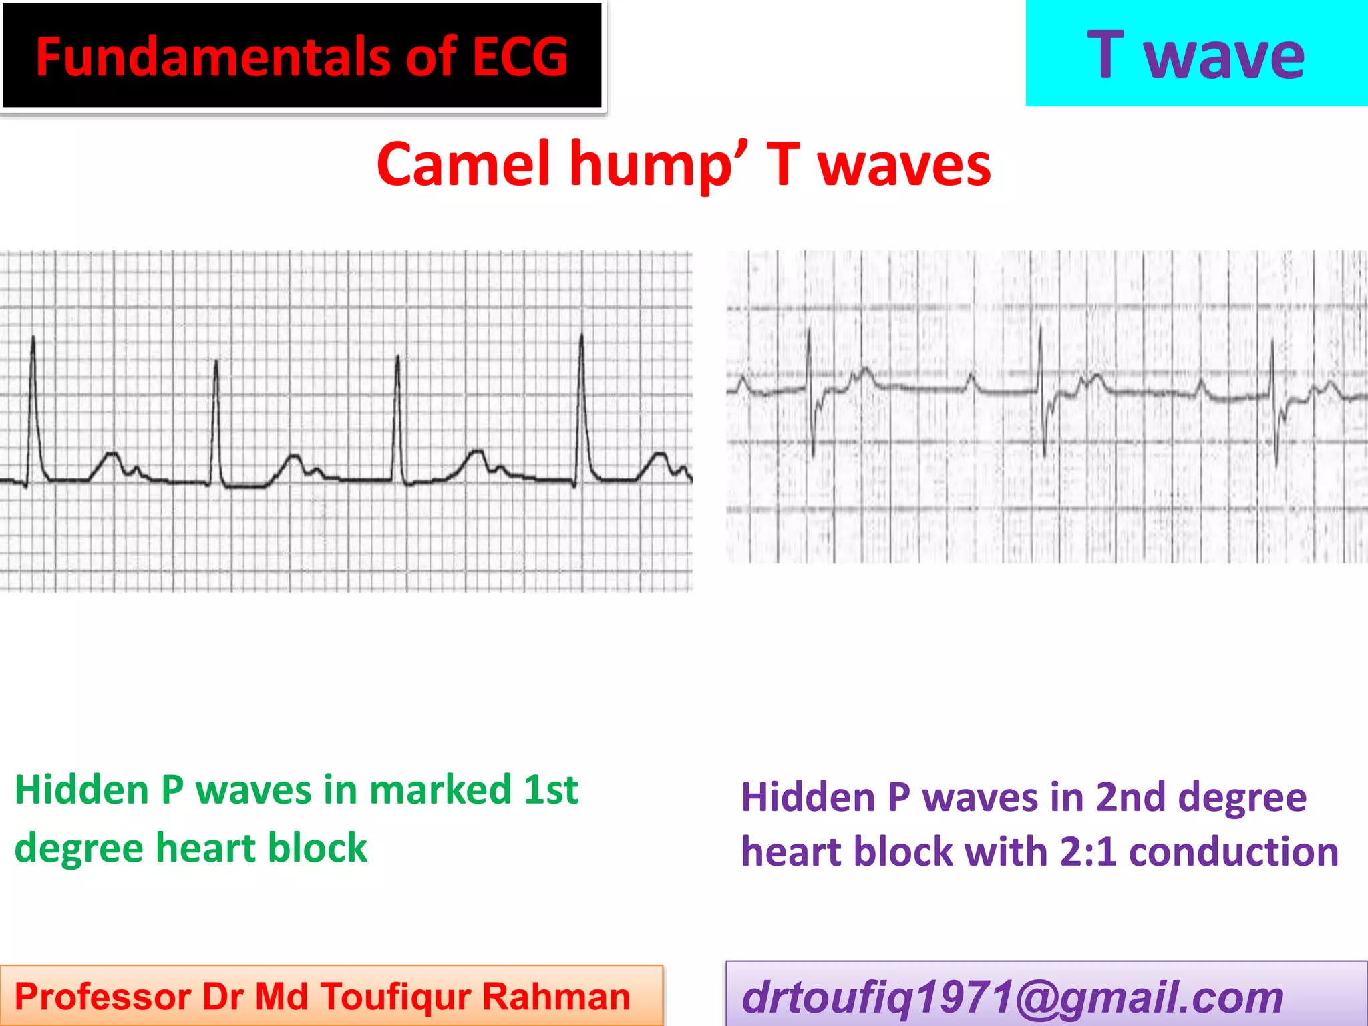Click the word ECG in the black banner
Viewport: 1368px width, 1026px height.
pyautogui.click(x=520, y=57)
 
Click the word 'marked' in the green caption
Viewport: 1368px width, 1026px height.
pyautogui.click(x=440, y=790)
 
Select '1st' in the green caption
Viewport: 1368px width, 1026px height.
pyautogui.click(x=550, y=790)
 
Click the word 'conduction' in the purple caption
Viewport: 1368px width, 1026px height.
pyautogui.click(x=1234, y=852)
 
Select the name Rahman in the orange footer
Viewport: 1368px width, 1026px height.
pyautogui.click(x=556, y=997)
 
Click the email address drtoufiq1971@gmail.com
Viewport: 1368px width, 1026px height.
pyautogui.click(x=1013, y=997)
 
